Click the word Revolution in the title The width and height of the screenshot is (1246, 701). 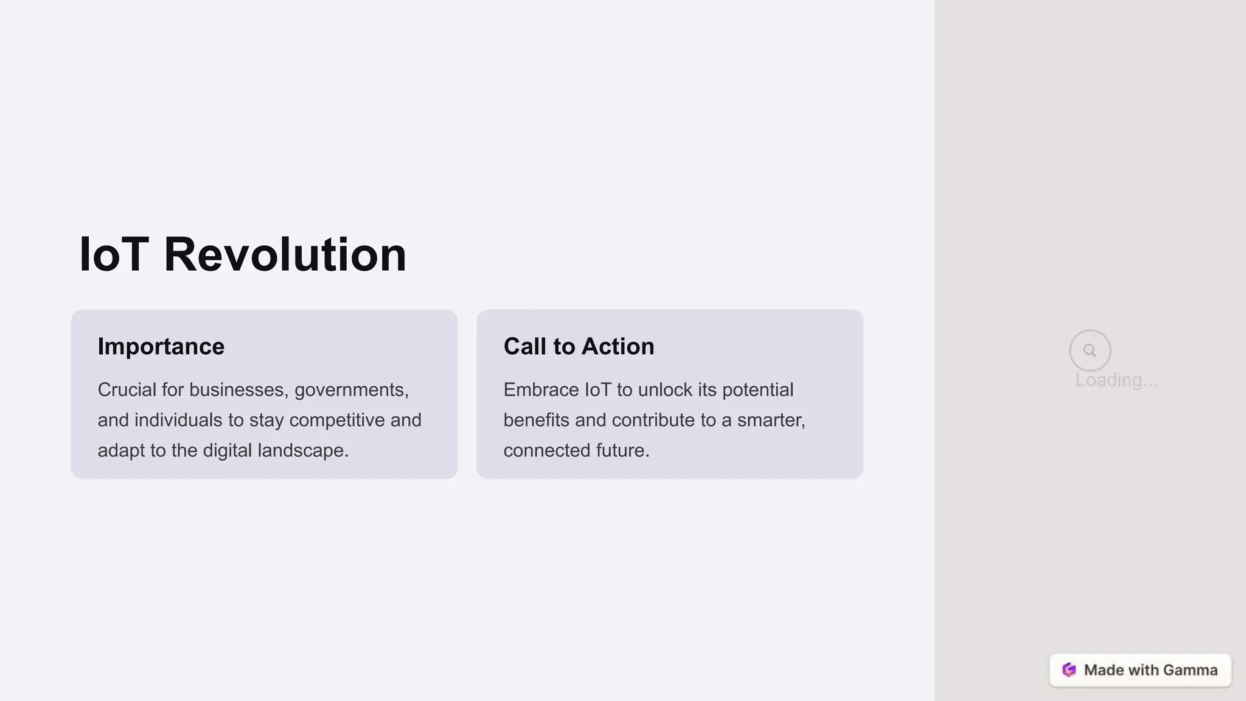(x=285, y=254)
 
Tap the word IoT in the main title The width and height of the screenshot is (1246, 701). (x=114, y=254)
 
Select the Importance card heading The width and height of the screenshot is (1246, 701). (x=161, y=346)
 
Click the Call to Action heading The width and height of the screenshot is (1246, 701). (x=579, y=346)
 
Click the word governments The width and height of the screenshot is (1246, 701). (x=351, y=389)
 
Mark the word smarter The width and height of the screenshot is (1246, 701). (x=771, y=420)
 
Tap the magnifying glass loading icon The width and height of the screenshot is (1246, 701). (x=1090, y=350)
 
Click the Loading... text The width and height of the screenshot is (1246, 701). (x=1116, y=380)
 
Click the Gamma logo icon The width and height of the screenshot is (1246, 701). (x=1069, y=670)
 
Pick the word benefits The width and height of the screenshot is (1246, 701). (x=536, y=420)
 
